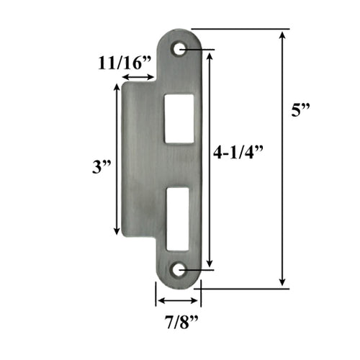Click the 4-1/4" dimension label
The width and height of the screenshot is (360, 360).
point(240,153)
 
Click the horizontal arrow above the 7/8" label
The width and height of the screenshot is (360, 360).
point(177,300)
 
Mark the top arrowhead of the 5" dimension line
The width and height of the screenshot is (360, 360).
point(282,33)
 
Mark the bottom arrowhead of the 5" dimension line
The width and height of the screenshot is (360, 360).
point(282,282)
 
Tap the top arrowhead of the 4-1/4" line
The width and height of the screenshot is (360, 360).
point(210,55)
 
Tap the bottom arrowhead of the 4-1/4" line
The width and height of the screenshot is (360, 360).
point(210,265)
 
